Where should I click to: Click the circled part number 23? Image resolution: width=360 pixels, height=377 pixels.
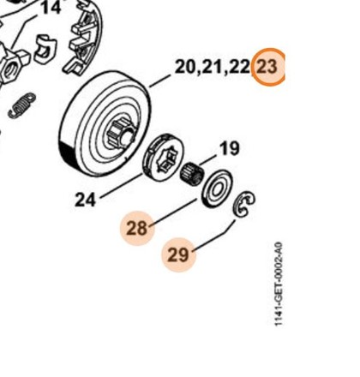tap(268, 68)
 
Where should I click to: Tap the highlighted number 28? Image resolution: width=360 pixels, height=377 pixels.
tap(138, 228)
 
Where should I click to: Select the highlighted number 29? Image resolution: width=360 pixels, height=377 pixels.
tap(179, 254)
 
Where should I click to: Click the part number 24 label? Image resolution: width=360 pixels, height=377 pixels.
tap(85, 200)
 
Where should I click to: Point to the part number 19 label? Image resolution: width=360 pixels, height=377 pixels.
tap(230, 149)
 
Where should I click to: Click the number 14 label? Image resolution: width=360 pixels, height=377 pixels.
tap(51, 8)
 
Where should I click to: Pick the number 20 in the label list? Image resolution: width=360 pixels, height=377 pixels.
tap(186, 67)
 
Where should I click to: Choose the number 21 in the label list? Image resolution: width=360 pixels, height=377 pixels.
tap(212, 67)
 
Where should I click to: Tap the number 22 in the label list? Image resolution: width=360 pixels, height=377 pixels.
tap(239, 67)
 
